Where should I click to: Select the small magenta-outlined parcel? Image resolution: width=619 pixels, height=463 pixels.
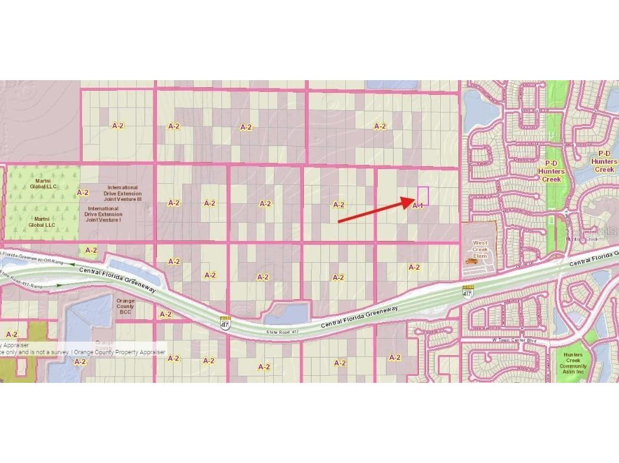(x=423, y=195)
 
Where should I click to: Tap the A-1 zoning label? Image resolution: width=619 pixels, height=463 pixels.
(x=418, y=206)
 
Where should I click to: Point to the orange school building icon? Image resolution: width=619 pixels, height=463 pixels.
(x=471, y=261)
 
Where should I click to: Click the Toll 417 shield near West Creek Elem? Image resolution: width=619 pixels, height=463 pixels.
(x=467, y=291)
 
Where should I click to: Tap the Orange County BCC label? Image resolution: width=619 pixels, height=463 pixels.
(x=125, y=306)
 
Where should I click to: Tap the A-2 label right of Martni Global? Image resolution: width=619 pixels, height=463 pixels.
(x=83, y=192)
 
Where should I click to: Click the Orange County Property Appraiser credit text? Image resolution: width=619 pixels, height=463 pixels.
(x=118, y=352)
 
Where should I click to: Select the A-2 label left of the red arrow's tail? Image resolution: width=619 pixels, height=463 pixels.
(x=338, y=205)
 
